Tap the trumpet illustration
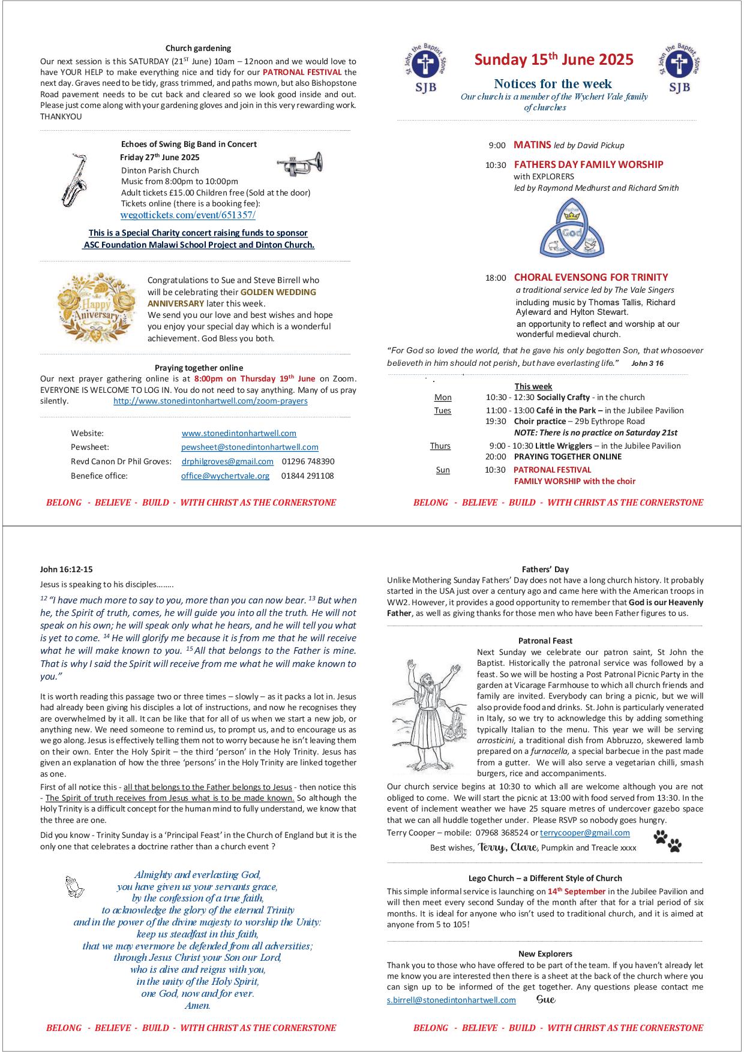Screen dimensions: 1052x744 [299, 164]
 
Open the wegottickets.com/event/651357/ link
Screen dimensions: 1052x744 [188, 215]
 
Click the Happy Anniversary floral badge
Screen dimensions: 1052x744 [96, 308]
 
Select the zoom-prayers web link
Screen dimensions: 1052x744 [211, 401]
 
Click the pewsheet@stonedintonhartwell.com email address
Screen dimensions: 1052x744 [250, 447]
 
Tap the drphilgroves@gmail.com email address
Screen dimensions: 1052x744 [227, 461]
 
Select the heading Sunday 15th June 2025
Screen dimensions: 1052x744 [554, 59]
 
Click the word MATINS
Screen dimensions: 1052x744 [532, 145]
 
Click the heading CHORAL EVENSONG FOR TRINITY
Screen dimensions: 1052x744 [590, 277]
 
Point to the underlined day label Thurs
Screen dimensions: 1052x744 [440, 446]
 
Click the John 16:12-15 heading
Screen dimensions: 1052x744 [67, 569]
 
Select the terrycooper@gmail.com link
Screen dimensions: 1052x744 [584, 832]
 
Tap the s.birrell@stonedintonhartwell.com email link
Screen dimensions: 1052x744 [451, 1000]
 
